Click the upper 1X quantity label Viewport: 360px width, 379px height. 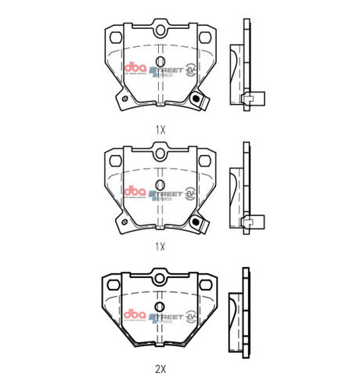(x=160, y=129)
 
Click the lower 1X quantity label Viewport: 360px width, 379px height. (x=160, y=246)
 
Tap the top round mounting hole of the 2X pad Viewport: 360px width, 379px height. (x=160, y=275)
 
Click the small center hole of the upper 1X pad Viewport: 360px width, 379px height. (x=160, y=61)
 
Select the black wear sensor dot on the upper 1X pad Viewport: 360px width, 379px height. (x=196, y=96)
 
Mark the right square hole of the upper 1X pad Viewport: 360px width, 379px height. (x=203, y=38)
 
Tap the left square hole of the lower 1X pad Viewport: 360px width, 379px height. (x=118, y=160)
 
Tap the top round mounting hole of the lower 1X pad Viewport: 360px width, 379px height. (x=160, y=153)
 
